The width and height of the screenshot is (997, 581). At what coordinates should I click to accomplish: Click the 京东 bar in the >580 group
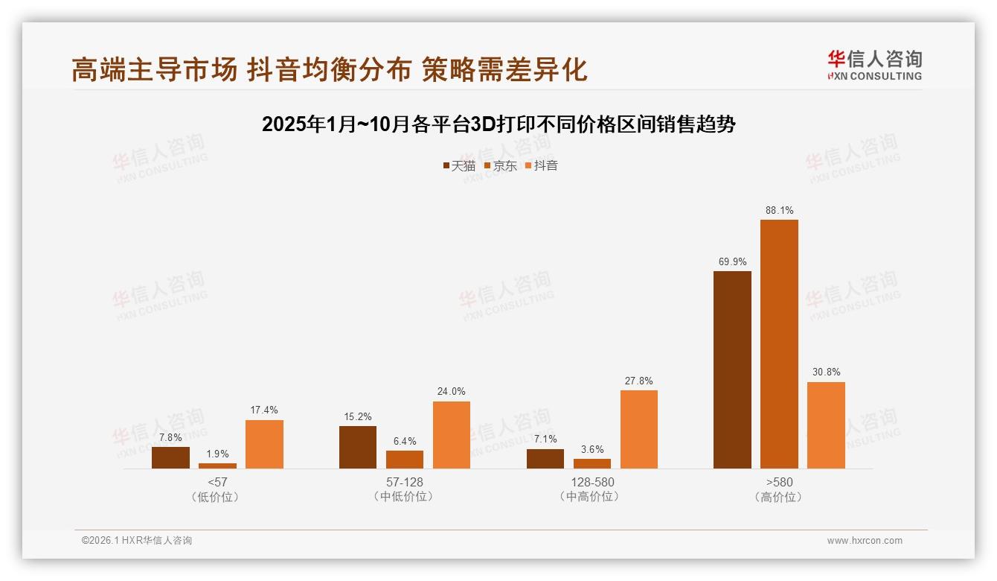pyautogui.click(x=779, y=344)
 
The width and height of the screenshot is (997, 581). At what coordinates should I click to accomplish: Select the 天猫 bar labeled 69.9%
pyautogui.click(x=732, y=369)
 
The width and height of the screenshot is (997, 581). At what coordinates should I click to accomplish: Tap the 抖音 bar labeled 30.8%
pyautogui.click(x=826, y=425)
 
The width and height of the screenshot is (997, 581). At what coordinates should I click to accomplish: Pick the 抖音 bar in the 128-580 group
pyautogui.click(x=638, y=429)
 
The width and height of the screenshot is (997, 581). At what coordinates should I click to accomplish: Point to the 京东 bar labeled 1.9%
pyautogui.click(x=217, y=466)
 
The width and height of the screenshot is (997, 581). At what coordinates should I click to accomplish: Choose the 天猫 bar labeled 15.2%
pyautogui.click(x=358, y=447)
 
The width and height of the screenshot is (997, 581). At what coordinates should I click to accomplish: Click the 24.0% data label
pyautogui.click(x=452, y=392)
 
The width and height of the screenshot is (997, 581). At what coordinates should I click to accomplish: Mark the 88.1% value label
pyautogui.click(x=779, y=210)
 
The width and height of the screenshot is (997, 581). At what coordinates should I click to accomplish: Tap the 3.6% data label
pyautogui.click(x=592, y=449)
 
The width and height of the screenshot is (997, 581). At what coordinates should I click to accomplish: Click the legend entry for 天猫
pyautogui.click(x=459, y=165)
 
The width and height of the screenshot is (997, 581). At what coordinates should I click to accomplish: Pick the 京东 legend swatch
pyautogui.click(x=487, y=165)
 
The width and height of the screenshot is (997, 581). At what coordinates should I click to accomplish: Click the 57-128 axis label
pyautogui.click(x=404, y=482)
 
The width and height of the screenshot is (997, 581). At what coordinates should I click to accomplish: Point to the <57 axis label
pyautogui.click(x=217, y=482)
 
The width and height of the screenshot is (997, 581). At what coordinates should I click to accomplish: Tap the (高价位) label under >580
pyautogui.click(x=778, y=497)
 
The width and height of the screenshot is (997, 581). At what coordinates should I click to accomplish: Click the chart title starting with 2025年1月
pyautogui.click(x=498, y=124)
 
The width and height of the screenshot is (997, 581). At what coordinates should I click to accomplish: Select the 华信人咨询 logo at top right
pyautogui.click(x=874, y=66)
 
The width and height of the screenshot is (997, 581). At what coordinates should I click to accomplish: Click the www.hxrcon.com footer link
pyautogui.click(x=865, y=541)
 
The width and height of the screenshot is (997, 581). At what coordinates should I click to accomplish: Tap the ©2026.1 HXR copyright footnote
pyautogui.click(x=137, y=541)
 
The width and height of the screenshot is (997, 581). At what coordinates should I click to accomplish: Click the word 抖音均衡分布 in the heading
pyautogui.click(x=329, y=69)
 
